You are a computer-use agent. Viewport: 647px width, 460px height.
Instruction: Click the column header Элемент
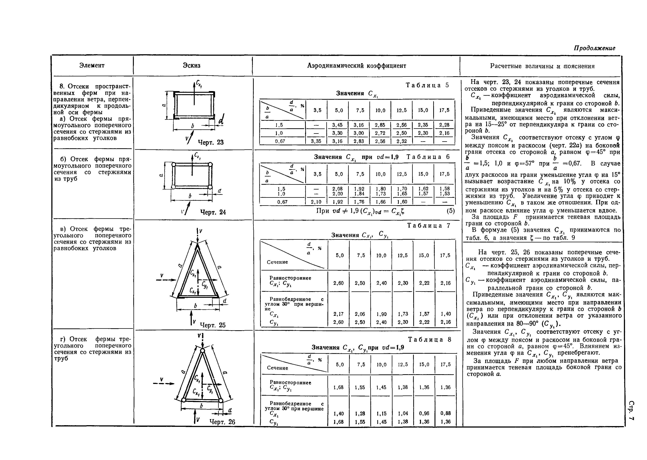pos(92,65)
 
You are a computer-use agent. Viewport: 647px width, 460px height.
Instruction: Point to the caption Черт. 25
pos(212,325)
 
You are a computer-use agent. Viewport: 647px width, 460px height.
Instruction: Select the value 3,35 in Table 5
pos(316,141)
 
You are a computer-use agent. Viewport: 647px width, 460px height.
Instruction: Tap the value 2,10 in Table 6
pos(316,202)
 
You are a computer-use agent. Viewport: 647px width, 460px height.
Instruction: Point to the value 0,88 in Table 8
pos(446,413)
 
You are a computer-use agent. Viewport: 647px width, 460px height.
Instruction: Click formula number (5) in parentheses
pos(450,211)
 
